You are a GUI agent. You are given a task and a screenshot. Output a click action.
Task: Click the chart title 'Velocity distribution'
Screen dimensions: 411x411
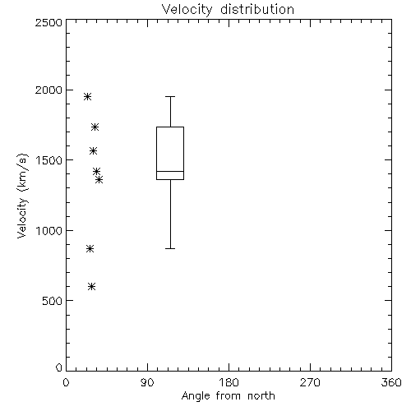coord(228,9)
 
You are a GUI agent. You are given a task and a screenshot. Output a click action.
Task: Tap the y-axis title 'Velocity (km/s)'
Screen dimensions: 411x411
coord(22,196)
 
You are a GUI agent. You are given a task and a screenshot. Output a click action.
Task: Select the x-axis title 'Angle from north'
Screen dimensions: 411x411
coord(228,395)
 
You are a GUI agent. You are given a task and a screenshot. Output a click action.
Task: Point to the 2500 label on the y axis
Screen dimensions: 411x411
coord(48,22)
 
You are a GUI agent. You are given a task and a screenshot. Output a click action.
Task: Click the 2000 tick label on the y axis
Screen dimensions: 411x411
coord(48,90)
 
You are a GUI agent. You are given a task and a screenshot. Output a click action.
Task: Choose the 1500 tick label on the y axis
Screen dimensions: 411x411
coord(49,160)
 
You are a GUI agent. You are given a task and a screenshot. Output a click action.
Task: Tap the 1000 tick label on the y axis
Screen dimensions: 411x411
coord(49,231)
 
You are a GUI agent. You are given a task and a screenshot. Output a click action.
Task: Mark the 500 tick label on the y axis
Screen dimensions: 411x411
coord(53,301)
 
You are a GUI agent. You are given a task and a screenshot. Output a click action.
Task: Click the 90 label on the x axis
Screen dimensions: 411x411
coord(147,382)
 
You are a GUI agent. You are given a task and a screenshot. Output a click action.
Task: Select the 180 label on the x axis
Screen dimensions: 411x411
coord(229,382)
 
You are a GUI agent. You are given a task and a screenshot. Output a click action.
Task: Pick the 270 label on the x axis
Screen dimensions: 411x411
coord(310,382)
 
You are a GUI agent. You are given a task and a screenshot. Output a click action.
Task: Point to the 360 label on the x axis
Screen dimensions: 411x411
coord(391,382)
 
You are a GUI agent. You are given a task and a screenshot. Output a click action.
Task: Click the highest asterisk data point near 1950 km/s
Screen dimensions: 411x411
coord(87,96)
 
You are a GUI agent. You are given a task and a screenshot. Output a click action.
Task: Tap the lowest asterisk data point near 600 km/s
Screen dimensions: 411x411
coord(92,287)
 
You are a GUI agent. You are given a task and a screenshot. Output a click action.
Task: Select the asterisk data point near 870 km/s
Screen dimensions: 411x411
coord(90,249)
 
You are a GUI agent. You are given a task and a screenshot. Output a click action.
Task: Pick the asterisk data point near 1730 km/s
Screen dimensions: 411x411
coord(95,127)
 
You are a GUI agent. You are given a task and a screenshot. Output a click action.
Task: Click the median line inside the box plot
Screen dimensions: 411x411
coord(170,171)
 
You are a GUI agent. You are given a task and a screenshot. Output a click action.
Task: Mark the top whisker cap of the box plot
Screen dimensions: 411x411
coord(170,96)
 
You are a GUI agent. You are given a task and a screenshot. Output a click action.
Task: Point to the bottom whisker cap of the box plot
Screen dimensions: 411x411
coord(170,248)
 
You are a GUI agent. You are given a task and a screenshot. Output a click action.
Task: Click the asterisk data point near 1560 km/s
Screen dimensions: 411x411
coord(94,150)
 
